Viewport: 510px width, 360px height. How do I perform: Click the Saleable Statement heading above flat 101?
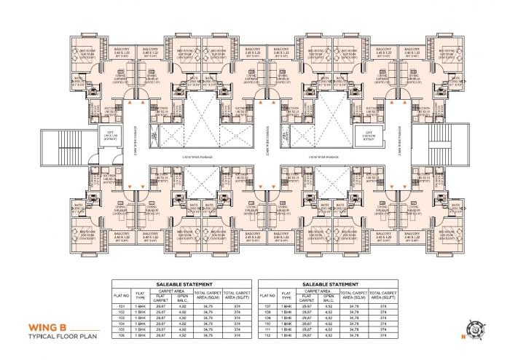pos(184,283)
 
